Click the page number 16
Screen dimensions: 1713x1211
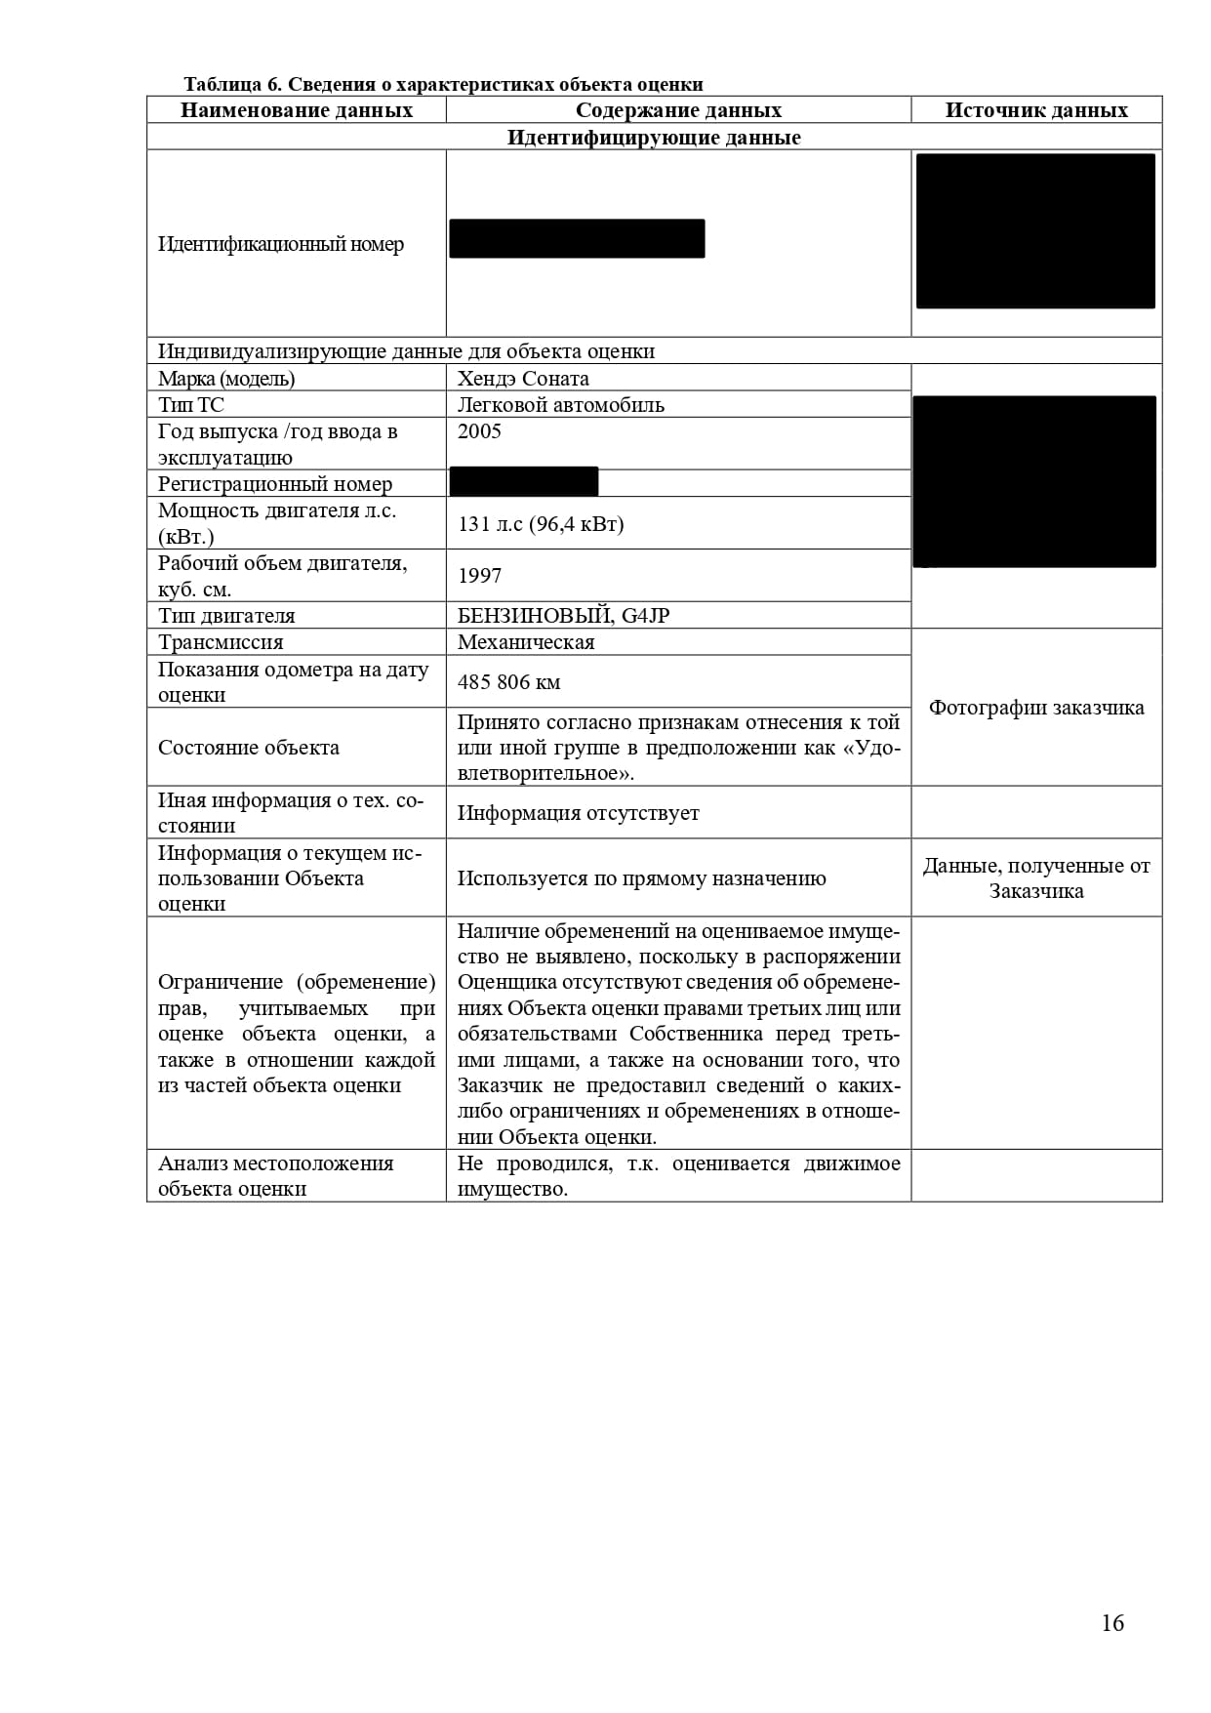[x=1112, y=1622]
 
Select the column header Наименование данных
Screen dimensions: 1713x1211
[x=297, y=110]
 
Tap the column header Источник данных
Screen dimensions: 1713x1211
[x=1036, y=110]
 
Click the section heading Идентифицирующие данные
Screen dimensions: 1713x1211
[x=654, y=138]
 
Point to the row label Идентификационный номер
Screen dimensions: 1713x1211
[x=281, y=244]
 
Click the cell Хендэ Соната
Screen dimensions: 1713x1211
[x=523, y=379]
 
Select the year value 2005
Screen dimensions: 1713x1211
[x=479, y=431]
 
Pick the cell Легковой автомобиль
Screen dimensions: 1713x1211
[x=560, y=405]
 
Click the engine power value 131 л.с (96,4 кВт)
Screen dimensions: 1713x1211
[x=541, y=524]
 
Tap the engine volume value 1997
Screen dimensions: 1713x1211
[x=479, y=576]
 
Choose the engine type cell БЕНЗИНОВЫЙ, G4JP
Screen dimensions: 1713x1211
[x=563, y=616]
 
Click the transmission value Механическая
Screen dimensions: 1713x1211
[x=526, y=642]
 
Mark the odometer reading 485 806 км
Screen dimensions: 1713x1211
[x=508, y=682]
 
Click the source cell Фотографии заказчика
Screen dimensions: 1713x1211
[x=1036, y=708]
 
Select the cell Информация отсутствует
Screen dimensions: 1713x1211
[x=578, y=813]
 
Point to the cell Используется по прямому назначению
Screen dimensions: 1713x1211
[x=641, y=878]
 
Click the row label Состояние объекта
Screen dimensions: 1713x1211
[x=249, y=748]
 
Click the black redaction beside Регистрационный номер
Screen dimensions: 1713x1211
[x=524, y=482]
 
